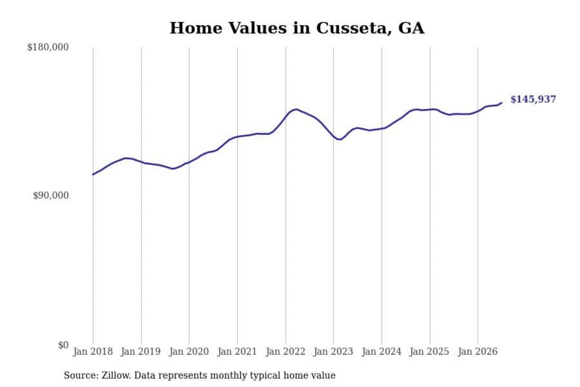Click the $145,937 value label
click(533, 99)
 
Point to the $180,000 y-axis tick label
click(48, 47)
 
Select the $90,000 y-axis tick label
click(51, 196)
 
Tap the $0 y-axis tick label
click(63, 345)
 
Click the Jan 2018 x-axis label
click(93, 352)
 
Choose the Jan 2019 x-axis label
click(141, 352)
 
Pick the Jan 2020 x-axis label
click(189, 352)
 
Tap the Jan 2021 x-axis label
click(237, 352)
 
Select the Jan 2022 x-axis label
click(286, 352)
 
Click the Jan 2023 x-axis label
click(333, 352)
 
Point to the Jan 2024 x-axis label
click(381, 352)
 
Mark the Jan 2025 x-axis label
click(429, 352)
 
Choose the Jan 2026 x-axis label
click(478, 352)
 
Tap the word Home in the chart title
click(196, 28)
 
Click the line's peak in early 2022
click(296, 109)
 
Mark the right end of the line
click(501, 103)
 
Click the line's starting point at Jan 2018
click(93, 175)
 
